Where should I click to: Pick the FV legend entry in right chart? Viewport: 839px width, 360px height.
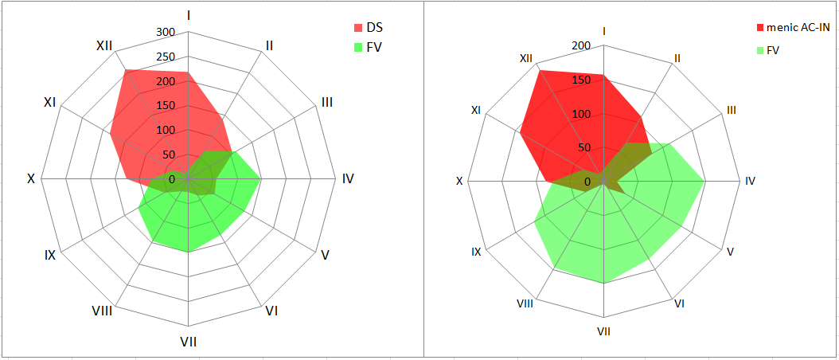[772, 50]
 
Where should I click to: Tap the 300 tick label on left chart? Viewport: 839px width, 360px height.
[166, 33]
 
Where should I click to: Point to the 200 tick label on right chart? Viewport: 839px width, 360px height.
[581, 46]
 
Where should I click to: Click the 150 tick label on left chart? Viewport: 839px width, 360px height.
[166, 106]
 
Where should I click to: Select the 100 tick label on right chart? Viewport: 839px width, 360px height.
[581, 114]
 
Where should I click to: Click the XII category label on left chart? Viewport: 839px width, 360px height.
[103, 45]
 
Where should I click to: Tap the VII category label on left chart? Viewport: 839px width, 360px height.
[188, 342]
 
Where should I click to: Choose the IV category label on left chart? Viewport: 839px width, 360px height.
[348, 179]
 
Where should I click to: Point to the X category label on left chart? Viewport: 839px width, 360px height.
[31, 179]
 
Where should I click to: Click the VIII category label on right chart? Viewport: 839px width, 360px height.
[525, 303]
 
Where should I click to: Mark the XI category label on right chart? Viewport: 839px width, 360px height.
[476, 110]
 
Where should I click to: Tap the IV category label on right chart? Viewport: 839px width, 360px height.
[750, 182]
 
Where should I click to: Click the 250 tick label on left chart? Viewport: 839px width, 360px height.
[166, 57]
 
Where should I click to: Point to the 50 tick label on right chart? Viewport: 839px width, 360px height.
[584, 147]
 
